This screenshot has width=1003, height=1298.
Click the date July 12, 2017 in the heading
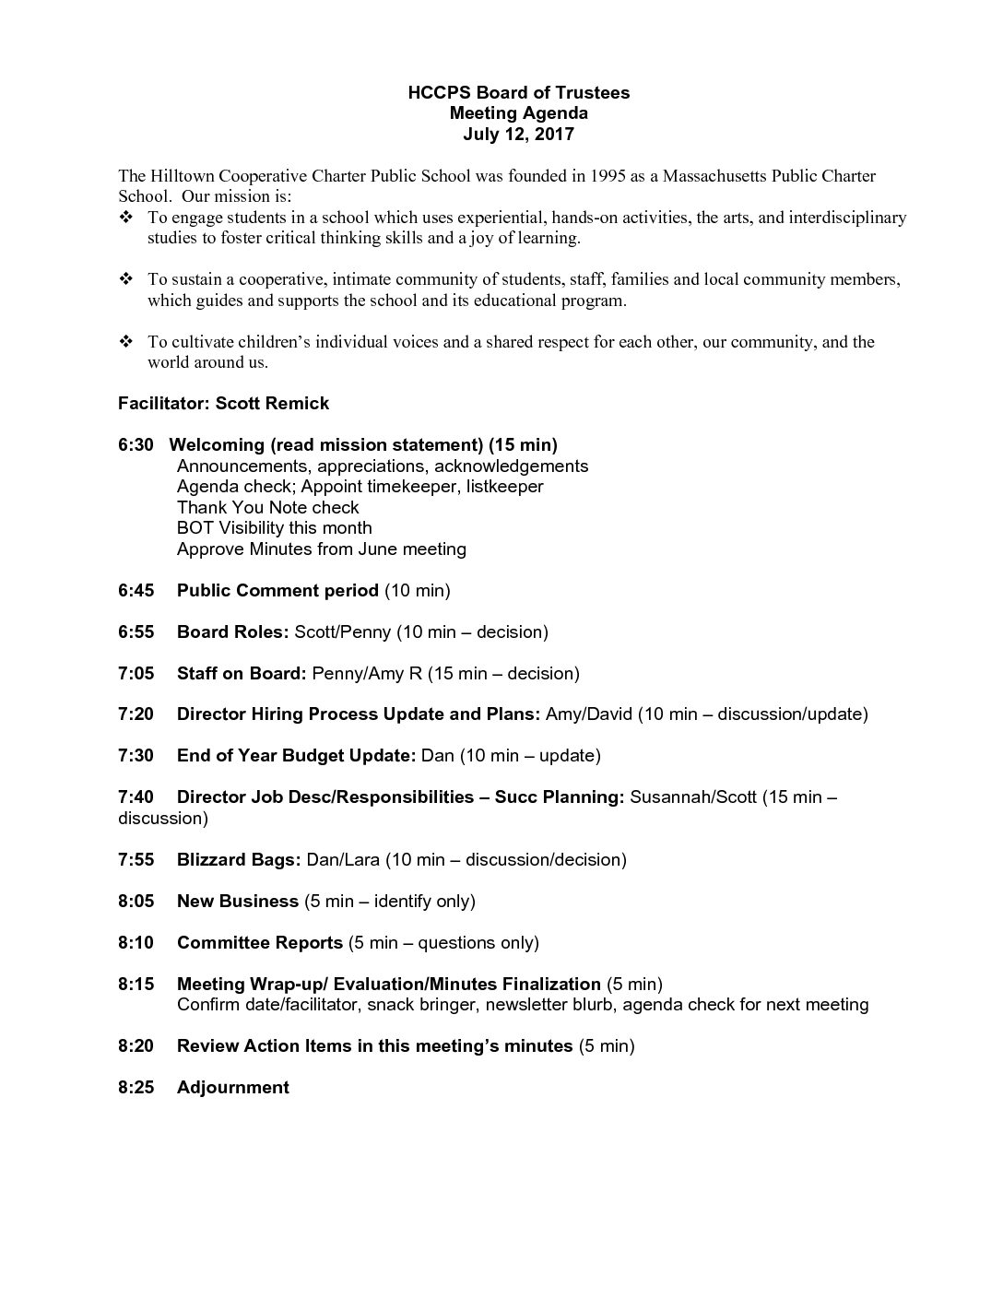click(518, 134)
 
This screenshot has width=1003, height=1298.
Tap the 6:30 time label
click(136, 444)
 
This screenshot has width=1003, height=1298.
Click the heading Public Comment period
click(277, 590)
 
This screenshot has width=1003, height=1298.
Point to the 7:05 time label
click(136, 673)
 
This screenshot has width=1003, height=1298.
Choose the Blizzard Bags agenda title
click(239, 859)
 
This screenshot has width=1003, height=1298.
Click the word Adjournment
click(232, 1087)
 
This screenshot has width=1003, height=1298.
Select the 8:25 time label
click(136, 1087)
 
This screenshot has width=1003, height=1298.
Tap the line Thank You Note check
click(267, 507)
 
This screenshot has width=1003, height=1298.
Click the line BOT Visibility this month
click(274, 527)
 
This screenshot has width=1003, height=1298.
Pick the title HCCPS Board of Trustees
click(519, 92)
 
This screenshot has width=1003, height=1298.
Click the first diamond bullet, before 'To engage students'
click(126, 218)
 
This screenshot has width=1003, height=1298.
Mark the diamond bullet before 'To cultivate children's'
click(126, 342)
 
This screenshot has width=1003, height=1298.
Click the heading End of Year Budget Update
click(296, 755)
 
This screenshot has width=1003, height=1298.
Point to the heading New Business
click(237, 901)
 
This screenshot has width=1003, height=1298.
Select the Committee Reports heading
click(259, 942)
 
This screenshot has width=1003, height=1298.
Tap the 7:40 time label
click(136, 796)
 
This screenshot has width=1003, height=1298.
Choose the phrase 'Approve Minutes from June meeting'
click(321, 549)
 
